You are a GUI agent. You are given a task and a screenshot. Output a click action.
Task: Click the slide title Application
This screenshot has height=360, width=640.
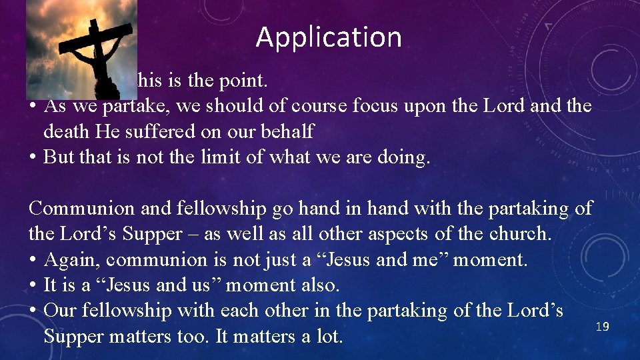point(329,37)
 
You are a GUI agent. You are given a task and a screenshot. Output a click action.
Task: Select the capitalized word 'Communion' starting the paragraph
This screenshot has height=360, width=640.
point(82,209)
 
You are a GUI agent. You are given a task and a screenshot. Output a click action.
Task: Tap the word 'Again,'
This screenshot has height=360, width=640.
point(71,259)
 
